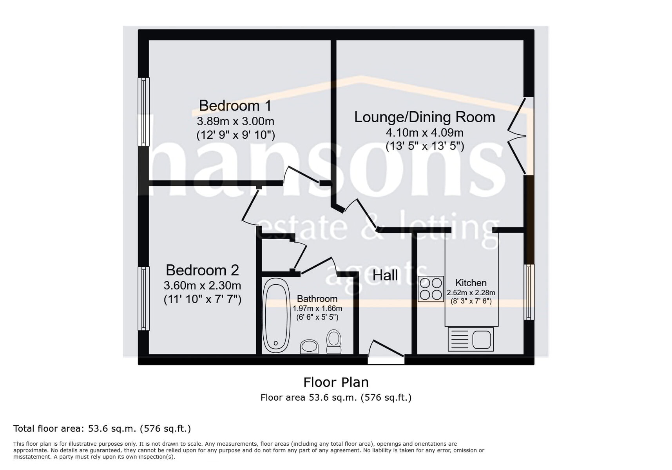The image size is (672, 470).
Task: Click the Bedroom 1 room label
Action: pyautogui.click(x=235, y=105)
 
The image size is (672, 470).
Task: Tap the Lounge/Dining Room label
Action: pyautogui.click(x=425, y=117)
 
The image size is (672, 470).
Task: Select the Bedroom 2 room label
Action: pyautogui.click(x=202, y=270)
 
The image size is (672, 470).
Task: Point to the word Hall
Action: pyautogui.click(x=385, y=275)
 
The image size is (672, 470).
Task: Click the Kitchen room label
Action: pyautogui.click(x=471, y=283)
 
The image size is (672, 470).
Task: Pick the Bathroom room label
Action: pyautogui.click(x=317, y=299)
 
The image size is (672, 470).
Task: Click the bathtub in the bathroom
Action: pyautogui.click(x=276, y=315)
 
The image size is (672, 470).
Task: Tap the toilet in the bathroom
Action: pyautogui.click(x=334, y=342)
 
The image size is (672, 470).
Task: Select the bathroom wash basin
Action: pyautogui.click(x=309, y=347)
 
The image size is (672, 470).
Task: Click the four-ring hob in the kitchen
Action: pyautogui.click(x=431, y=289)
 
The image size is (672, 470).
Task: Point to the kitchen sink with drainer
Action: pyautogui.click(x=471, y=339)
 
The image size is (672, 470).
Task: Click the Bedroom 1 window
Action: pyautogui.click(x=144, y=112)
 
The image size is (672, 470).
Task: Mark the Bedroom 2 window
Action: pyautogui.click(x=144, y=298)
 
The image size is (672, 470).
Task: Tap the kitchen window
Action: pyautogui.click(x=529, y=292)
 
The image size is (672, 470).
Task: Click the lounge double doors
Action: pyautogui.click(x=520, y=136)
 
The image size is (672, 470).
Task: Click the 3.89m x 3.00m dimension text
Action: pyautogui.click(x=235, y=121)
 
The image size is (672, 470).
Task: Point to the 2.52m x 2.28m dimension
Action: pyautogui.click(x=471, y=293)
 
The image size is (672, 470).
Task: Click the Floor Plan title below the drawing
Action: pyautogui.click(x=336, y=382)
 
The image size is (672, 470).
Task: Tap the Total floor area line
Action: pyautogui.click(x=102, y=428)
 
